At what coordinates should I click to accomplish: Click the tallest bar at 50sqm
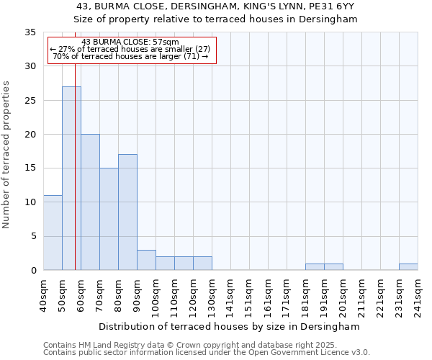pos(71,178)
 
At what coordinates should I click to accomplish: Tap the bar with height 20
pos(90,202)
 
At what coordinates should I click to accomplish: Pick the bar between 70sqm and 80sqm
pos(109,219)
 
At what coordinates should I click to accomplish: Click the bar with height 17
pos(127,212)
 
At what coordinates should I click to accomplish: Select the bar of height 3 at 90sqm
pos(146,260)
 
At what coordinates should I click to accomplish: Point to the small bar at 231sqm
pos(408,267)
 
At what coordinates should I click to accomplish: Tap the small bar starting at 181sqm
pos(315,267)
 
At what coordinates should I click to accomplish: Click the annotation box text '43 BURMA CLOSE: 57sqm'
pos(130,42)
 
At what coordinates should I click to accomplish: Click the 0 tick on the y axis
pos(33,271)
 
